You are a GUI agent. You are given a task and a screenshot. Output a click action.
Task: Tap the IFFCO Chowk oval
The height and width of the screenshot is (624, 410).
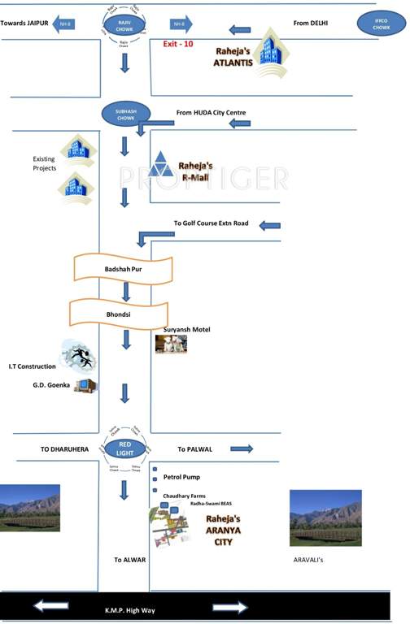[x=381, y=25]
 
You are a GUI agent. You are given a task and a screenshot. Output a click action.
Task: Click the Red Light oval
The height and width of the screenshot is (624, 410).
[x=124, y=448]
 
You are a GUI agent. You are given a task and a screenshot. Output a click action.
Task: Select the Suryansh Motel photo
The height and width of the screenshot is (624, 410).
[x=171, y=344]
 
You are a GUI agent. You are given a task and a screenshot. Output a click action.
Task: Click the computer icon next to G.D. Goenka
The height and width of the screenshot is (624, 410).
[x=84, y=385]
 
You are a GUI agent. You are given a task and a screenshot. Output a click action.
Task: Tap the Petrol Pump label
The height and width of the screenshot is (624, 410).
[x=181, y=477]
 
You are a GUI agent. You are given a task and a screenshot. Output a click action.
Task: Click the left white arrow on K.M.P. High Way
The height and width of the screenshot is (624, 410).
[x=51, y=607]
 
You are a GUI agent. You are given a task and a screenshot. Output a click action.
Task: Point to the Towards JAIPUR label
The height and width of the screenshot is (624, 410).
[x=25, y=24]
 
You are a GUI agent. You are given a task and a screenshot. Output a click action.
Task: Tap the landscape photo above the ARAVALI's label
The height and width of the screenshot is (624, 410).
[x=325, y=517]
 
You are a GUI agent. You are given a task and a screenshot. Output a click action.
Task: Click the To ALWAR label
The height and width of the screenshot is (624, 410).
[x=129, y=561]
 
